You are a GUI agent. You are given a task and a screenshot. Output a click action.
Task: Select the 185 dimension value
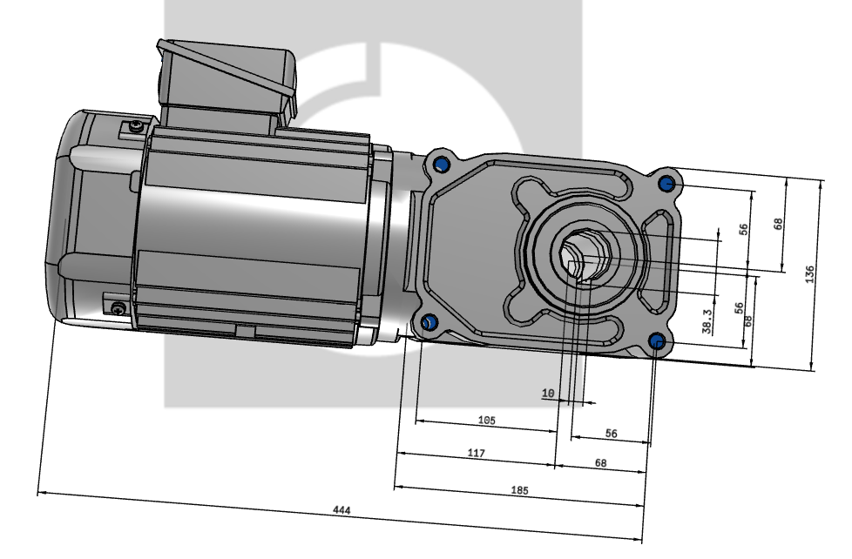pyautogui.click(x=519, y=490)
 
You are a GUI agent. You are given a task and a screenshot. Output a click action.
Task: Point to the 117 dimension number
pyautogui.click(x=476, y=454)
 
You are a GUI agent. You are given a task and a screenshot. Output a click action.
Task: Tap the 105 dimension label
pyautogui.click(x=486, y=420)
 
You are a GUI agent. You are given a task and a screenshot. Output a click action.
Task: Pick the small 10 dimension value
pyautogui.click(x=548, y=394)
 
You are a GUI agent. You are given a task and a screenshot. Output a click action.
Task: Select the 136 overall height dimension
pyautogui.click(x=811, y=273)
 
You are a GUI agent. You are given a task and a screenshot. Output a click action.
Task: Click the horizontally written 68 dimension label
pyautogui.click(x=600, y=463)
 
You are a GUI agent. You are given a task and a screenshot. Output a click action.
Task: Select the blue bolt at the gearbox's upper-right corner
pyautogui.click(x=667, y=185)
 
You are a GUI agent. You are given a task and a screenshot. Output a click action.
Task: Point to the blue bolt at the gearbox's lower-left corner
pyautogui.click(x=428, y=323)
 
